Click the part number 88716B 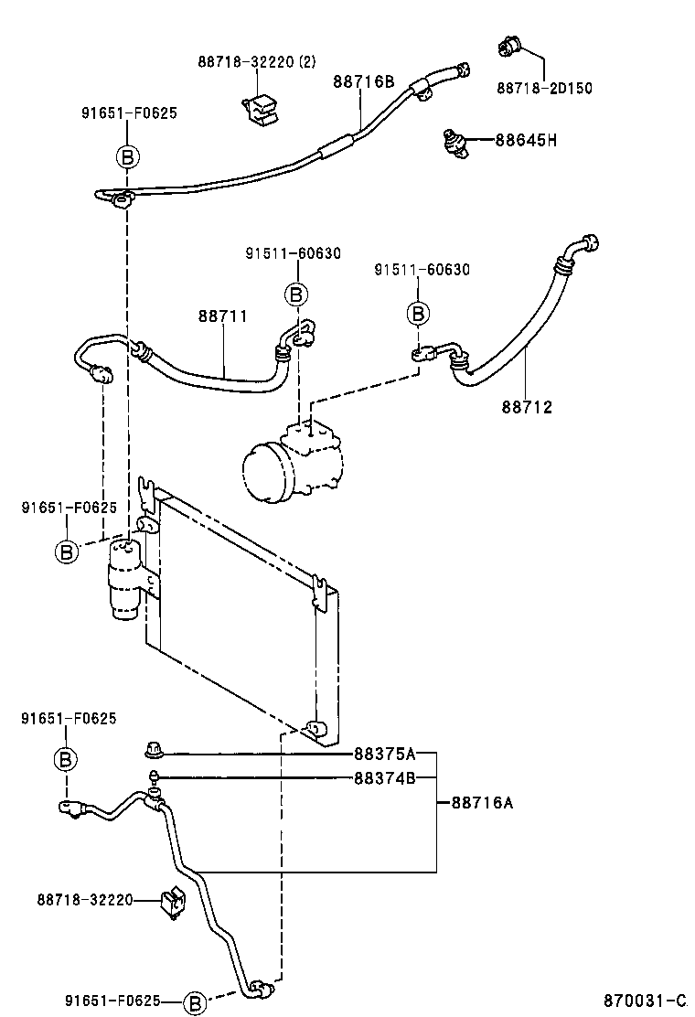(x=363, y=81)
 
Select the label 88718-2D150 (x=545, y=89)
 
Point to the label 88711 (x=222, y=316)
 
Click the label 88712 (x=527, y=407)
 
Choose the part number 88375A (x=385, y=754)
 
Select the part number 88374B (x=385, y=778)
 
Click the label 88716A (x=481, y=803)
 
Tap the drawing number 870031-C (x=644, y=1001)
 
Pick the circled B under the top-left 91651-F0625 (x=128, y=157)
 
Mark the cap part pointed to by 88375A (x=152, y=754)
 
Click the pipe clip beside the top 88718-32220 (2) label (x=260, y=107)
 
